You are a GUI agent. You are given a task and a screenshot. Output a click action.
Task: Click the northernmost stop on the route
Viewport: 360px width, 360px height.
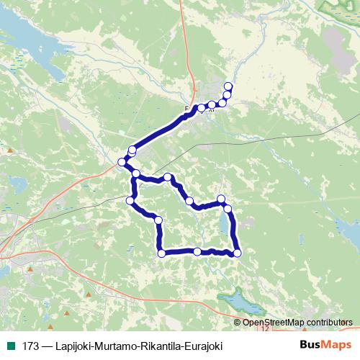point(228,86)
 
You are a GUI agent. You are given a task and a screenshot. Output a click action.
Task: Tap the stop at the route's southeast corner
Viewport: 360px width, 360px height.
point(237,252)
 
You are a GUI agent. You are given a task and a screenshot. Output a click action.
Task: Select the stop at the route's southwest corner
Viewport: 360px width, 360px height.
point(161,253)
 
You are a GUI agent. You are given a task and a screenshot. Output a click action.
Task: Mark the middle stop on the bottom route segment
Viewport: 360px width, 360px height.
point(197,251)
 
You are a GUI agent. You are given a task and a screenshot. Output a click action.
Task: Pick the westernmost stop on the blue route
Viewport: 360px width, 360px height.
point(121,162)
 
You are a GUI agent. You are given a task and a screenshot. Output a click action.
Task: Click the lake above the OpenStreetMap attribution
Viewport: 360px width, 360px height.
point(233,299)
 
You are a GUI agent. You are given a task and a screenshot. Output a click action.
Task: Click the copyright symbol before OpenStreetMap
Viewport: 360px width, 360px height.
point(239,323)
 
